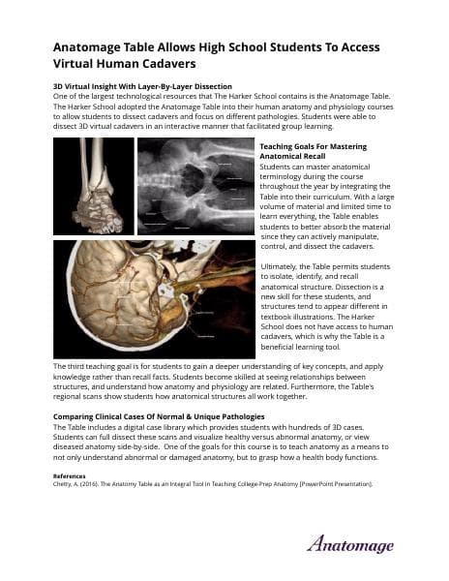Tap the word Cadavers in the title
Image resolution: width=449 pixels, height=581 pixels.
160,63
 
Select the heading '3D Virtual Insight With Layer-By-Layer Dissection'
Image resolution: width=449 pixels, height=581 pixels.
147,86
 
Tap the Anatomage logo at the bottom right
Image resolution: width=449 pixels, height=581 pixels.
350,544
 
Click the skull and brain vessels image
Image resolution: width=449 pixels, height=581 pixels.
153,297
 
